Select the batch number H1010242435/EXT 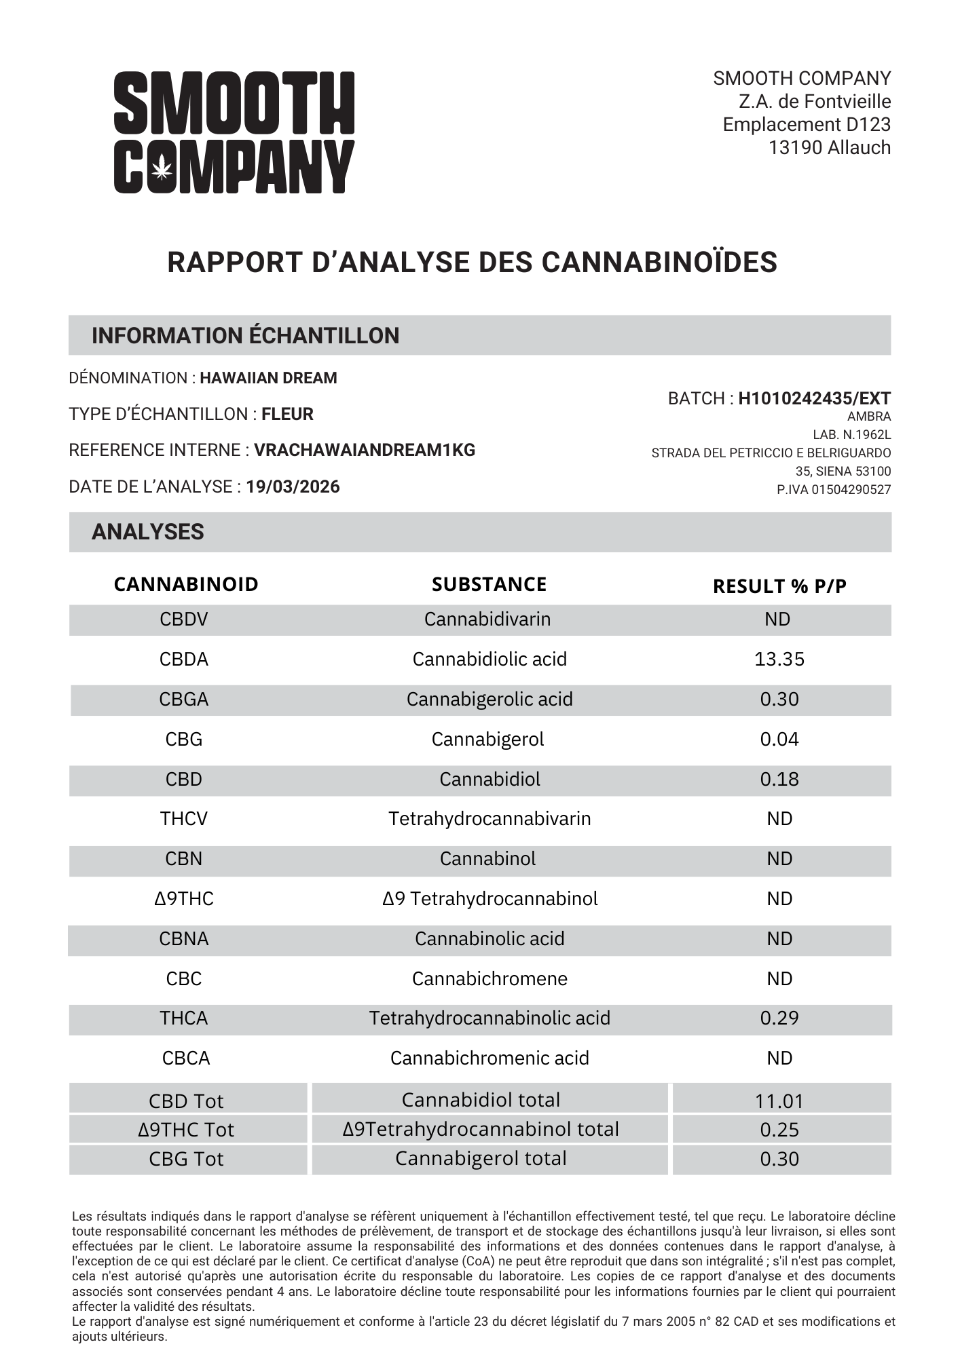pyautogui.click(x=814, y=398)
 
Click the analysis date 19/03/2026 pyautogui.click(x=293, y=486)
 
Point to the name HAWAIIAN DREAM pyautogui.click(x=268, y=378)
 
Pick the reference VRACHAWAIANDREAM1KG pyautogui.click(x=365, y=450)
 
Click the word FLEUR pyautogui.click(x=287, y=414)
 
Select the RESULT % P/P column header pyautogui.click(x=779, y=586)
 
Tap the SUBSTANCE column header pyautogui.click(x=489, y=584)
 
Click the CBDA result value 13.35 pyautogui.click(x=779, y=660)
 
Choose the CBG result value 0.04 pyautogui.click(x=779, y=740)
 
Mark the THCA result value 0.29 pyautogui.click(x=779, y=1018)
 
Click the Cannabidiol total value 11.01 pyautogui.click(x=779, y=1101)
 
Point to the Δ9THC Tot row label pyautogui.click(x=186, y=1130)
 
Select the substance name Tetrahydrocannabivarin pyautogui.click(x=490, y=819)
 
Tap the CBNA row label pyautogui.click(x=184, y=939)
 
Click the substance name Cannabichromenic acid pyautogui.click(x=490, y=1058)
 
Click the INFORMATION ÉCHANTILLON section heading pyautogui.click(x=245, y=336)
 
